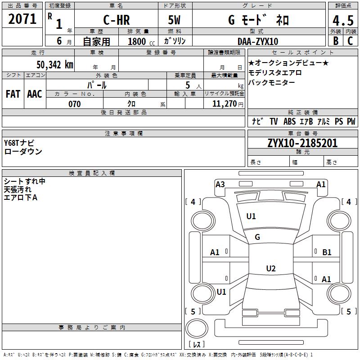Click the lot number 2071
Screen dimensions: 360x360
[x=22, y=19]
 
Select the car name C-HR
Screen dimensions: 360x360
[x=117, y=20]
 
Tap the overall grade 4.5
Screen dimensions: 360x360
[x=343, y=20]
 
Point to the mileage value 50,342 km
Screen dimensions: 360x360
[x=55, y=64]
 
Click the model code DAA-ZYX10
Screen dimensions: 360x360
[x=258, y=41]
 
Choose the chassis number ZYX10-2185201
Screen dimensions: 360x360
[x=302, y=143]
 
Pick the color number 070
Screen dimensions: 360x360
[x=75, y=104]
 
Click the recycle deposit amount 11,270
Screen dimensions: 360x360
[x=224, y=104]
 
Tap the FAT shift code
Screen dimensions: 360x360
[x=13, y=94]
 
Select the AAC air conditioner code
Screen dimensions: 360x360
[x=35, y=94]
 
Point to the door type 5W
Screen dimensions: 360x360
[x=174, y=20]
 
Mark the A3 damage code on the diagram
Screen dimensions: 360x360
[x=220, y=184]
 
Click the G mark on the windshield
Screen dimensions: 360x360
[x=257, y=237]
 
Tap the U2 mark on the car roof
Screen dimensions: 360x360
[x=271, y=268]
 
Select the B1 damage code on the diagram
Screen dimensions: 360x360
[x=327, y=252]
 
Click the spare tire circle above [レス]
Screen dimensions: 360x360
[x=197, y=328]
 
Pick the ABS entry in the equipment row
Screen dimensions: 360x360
[x=289, y=121]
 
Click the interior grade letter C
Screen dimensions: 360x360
[x=350, y=41]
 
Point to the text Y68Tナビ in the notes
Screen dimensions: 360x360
[x=19, y=143]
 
